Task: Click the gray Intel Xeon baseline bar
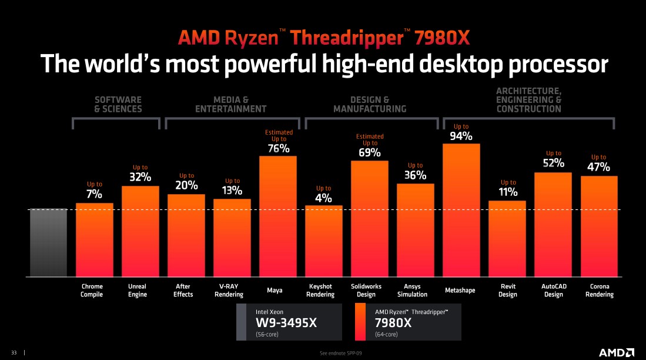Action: click(48, 242)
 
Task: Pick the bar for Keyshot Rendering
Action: click(323, 241)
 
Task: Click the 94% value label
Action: click(461, 136)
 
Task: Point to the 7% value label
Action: click(95, 194)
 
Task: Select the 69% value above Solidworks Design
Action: click(370, 153)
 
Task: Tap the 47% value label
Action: click(598, 168)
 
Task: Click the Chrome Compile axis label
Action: click(92, 291)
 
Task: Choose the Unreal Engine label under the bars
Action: click(138, 291)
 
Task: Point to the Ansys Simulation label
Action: click(416, 291)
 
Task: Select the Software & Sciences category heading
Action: click(118, 105)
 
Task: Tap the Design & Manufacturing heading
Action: click(370, 105)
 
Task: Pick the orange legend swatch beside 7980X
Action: click(361, 322)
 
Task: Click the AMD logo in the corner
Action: click(616, 352)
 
